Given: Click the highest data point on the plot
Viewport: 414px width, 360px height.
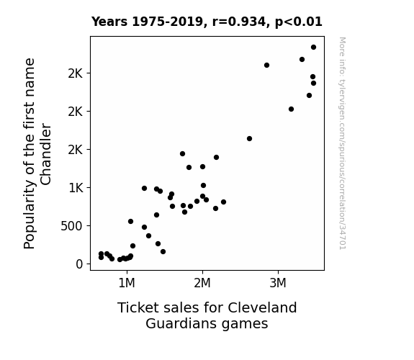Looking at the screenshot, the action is point(313,48).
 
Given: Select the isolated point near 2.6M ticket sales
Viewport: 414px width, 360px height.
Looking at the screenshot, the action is point(249,139).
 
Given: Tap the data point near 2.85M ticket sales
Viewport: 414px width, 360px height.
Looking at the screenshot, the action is point(266,66).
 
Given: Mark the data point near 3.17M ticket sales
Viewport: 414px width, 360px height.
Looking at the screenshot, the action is point(291,109).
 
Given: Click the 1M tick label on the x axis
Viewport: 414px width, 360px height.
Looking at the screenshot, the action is point(127,284).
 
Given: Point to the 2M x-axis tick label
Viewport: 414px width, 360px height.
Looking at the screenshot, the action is point(202,284).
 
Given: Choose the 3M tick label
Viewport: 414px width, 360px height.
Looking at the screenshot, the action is point(278,284).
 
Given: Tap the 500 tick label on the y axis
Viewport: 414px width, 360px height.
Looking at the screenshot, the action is point(71,226).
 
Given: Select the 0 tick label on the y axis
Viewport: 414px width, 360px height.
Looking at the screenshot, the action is point(79,264).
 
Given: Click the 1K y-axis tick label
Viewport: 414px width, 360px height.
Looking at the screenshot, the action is point(76,188).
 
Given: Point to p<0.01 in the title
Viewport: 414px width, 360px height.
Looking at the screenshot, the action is point(299,22).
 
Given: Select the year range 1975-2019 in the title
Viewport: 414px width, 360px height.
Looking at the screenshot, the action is point(169,22).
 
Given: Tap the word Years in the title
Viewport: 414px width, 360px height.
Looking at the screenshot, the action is point(109,22).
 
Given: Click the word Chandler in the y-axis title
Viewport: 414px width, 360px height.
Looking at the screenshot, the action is point(45,154).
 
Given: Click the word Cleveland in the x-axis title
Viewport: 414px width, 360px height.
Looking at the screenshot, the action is point(262,307).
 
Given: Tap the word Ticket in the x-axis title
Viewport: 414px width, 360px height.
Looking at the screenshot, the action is point(138,307).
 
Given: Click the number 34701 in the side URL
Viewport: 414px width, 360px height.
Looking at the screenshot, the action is point(343,237).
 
